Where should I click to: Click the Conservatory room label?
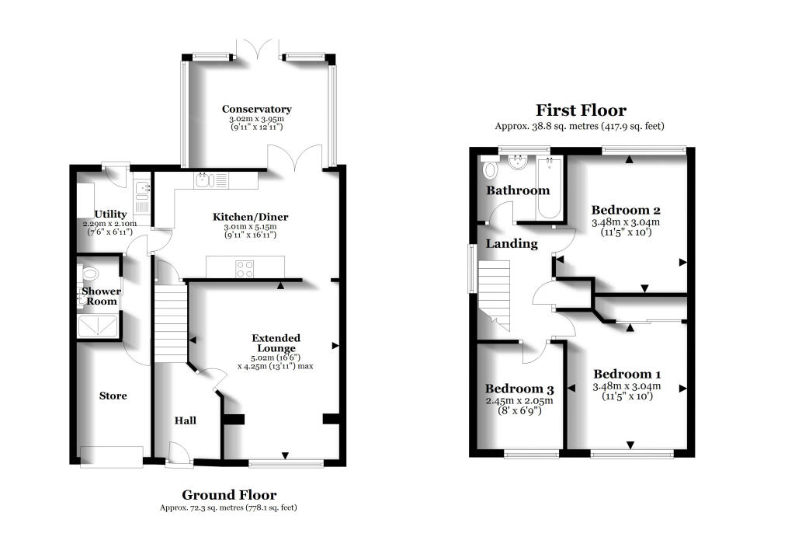[x=256, y=109]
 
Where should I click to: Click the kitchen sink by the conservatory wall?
[x=202, y=180]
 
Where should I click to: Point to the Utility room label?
[x=109, y=214]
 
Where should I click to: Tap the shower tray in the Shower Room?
[x=99, y=326]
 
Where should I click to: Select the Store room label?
[x=113, y=396]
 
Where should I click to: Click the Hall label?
[x=185, y=420]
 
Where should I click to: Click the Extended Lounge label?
[x=276, y=343]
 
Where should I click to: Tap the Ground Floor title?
[x=229, y=494]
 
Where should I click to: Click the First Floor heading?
[x=581, y=110]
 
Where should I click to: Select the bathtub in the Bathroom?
[x=550, y=187]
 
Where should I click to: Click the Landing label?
[x=512, y=243]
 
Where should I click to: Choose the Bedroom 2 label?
[x=626, y=210]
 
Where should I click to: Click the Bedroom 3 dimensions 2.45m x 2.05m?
[x=519, y=401]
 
